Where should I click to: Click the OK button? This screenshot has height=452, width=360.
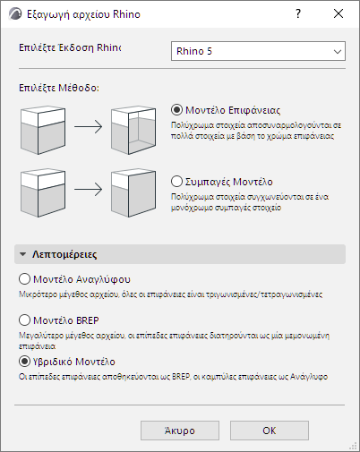[x=270, y=431]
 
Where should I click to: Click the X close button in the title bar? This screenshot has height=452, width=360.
[x=339, y=13]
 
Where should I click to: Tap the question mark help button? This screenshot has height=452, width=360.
[x=298, y=13]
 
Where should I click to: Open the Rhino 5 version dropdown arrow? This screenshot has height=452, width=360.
[x=338, y=51]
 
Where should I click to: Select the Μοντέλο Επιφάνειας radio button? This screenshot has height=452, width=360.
[x=176, y=110]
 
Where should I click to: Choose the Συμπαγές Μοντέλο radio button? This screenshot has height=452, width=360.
[x=176, y=182]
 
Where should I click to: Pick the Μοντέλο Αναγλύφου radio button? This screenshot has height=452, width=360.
[x=24, y=279]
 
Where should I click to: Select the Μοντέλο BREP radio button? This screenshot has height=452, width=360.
[x=24, y=320]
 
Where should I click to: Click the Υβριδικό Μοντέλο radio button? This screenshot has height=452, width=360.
[x=24, y=362]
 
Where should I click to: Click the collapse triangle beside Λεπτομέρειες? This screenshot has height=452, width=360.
[x=22, y=254]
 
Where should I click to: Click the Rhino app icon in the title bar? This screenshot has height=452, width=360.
[x=15, y=14]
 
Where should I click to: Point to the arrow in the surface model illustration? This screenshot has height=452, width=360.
[x=89, y=126]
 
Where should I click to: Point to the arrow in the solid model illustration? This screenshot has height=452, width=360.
[x=89, y=189]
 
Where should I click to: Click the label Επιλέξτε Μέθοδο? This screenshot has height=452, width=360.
[x=59, y=88]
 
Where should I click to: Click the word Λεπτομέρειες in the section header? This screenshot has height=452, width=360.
[x=64, y=254]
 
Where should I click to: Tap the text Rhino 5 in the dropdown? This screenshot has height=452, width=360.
[x=194, y=51]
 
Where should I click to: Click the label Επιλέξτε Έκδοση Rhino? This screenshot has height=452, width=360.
[x=70, y=47]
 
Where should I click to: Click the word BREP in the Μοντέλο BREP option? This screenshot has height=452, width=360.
[x=88, y=320]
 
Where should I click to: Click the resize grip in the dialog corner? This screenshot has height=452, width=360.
[x=353, y=446]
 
